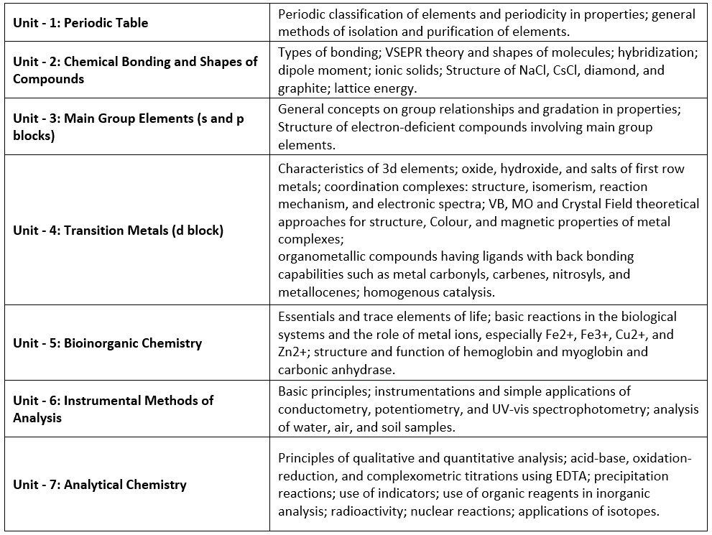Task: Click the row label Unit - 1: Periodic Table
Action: click(x=80, y=23)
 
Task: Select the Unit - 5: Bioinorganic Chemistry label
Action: click(x=107, y=343)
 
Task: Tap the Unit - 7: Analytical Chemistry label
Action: click(x=99, y=485)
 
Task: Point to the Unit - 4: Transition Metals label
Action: click(x=118, y=231)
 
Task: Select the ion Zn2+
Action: click(x=295, y=352)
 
